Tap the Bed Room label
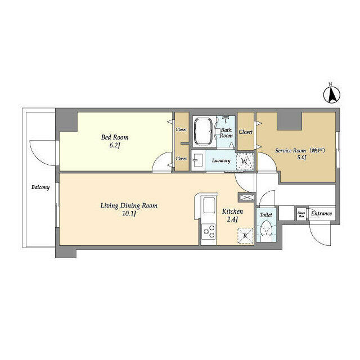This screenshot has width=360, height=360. (115, 137)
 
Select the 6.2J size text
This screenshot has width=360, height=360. (115, 146)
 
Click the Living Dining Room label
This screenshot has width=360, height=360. (129, 206)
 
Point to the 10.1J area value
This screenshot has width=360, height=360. (129, 214)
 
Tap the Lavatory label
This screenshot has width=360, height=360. (221, 161)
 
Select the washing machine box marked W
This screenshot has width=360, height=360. (244, 161)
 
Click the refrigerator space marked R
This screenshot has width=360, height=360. (245, 235)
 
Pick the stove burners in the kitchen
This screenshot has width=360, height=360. (209, 231)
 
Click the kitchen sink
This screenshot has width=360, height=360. (209, 206)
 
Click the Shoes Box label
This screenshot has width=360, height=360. (301, 214)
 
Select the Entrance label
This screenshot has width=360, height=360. (322, 214)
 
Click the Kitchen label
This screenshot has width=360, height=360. (232, 211)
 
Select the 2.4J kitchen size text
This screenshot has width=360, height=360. (232, 219)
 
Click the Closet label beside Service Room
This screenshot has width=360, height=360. (245, 132)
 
